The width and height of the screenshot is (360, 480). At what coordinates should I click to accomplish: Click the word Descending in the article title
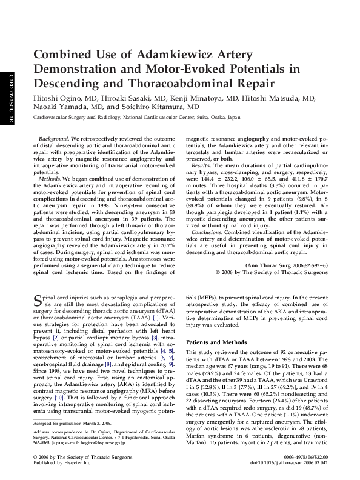tap(68, 83)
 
